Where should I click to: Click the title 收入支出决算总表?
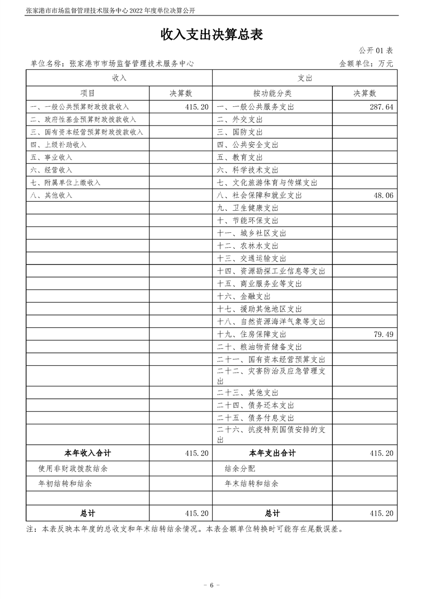212,35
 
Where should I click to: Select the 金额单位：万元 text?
366,64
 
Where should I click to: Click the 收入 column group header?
119,78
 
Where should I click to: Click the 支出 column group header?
305,78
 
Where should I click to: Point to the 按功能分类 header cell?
272,93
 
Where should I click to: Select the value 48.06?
384,196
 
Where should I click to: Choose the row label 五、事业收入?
51,157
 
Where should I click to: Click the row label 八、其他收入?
51,195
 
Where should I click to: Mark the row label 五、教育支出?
240,157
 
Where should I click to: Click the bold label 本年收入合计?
87,453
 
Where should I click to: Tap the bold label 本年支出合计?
272,453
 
